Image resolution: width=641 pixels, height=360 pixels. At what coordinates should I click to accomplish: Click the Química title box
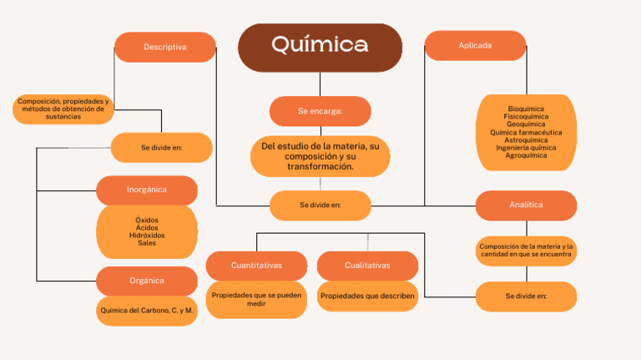point(320,47)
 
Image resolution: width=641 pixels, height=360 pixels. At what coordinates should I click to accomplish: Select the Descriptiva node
point(164,48)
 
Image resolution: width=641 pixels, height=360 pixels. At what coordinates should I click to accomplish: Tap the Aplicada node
point(475,46)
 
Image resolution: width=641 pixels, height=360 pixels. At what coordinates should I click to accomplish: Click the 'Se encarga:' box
point(320,111)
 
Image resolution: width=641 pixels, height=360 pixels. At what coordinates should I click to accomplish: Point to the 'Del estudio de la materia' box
point(320,157)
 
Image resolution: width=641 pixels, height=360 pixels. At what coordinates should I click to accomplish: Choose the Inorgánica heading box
point(147,190)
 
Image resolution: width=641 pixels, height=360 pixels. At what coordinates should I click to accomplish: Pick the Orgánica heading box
point(147,281)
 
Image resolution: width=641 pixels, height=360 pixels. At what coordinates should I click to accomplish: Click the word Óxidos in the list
point(147,221)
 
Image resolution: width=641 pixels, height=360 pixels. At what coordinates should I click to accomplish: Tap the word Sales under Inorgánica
point(147,243)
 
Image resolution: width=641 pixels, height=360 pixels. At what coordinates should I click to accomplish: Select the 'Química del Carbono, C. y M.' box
point(147,311)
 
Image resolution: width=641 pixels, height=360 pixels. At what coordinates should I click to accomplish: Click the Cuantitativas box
point(256,266)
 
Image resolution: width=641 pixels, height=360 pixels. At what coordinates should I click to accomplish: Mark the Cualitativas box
point(367,266)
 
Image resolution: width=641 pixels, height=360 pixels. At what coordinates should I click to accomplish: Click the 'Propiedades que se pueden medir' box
point(256,299)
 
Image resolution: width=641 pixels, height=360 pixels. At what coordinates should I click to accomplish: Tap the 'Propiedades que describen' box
point(367,296)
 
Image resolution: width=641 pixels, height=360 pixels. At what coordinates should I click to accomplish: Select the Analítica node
point(526,205)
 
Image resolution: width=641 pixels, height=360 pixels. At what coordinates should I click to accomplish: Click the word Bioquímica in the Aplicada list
point(526,109)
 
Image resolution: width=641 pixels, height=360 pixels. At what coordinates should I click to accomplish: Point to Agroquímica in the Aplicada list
point(526,155)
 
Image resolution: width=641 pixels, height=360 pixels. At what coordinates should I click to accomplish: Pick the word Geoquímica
point(526,124)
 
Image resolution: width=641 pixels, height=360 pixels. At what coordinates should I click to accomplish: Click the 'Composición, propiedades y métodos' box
point(63,109)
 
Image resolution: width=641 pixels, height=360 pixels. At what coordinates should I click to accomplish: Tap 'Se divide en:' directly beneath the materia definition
point(320,205)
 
